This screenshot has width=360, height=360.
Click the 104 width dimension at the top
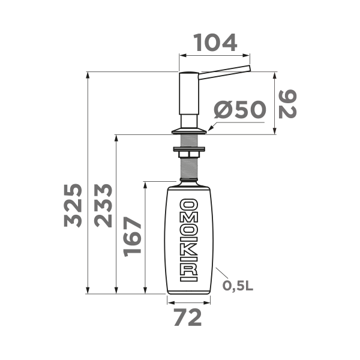215,42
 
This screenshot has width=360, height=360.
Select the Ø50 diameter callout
240,110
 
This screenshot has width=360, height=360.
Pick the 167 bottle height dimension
133,236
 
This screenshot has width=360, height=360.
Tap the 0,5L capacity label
238,285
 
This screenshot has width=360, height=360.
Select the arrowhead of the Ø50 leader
210,127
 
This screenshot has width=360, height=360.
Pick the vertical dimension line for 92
275,103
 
